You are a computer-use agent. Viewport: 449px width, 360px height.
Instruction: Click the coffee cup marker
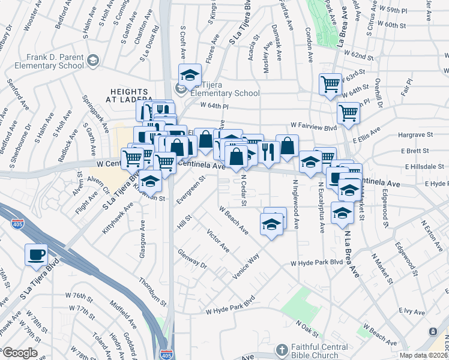pyautogui.click(x=36, y=254)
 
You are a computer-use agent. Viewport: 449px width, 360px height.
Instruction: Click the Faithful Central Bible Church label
pyautogui.click(x=324, y=349)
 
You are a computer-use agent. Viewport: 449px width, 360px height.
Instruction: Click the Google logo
pyautogui.click(x=20, y=353)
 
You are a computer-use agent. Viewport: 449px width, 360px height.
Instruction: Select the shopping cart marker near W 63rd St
pyautogui.click(x=330, y=84)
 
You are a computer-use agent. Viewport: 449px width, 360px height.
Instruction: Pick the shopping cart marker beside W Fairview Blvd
pyautogui.click(x=348, y=112)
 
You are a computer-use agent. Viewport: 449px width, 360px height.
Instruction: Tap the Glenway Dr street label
pyautogui.click(x=192, y=260)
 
